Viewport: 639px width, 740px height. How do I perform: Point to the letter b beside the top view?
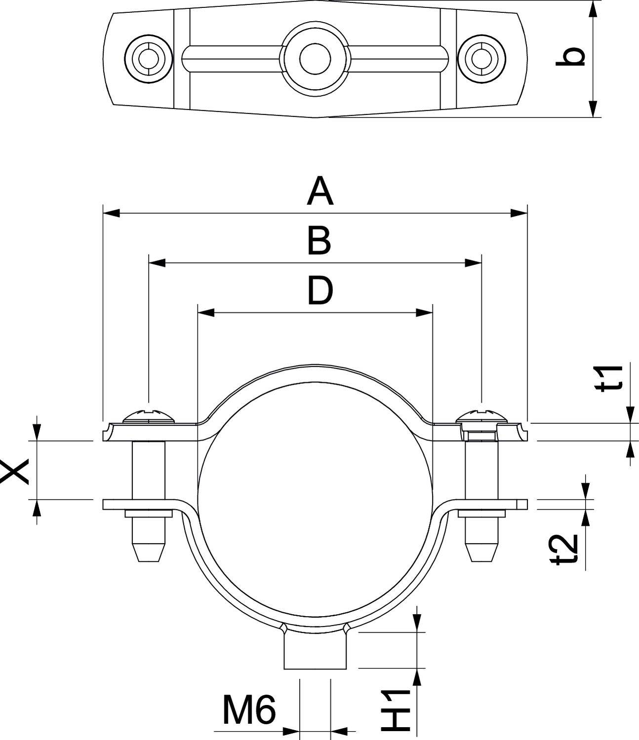[x=571, y=56]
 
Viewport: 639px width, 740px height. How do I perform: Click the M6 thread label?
[x=248, y=710]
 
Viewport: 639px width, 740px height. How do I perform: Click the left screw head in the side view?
[x=149, y=416]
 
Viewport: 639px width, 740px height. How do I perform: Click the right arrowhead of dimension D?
[x=424, y=312]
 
